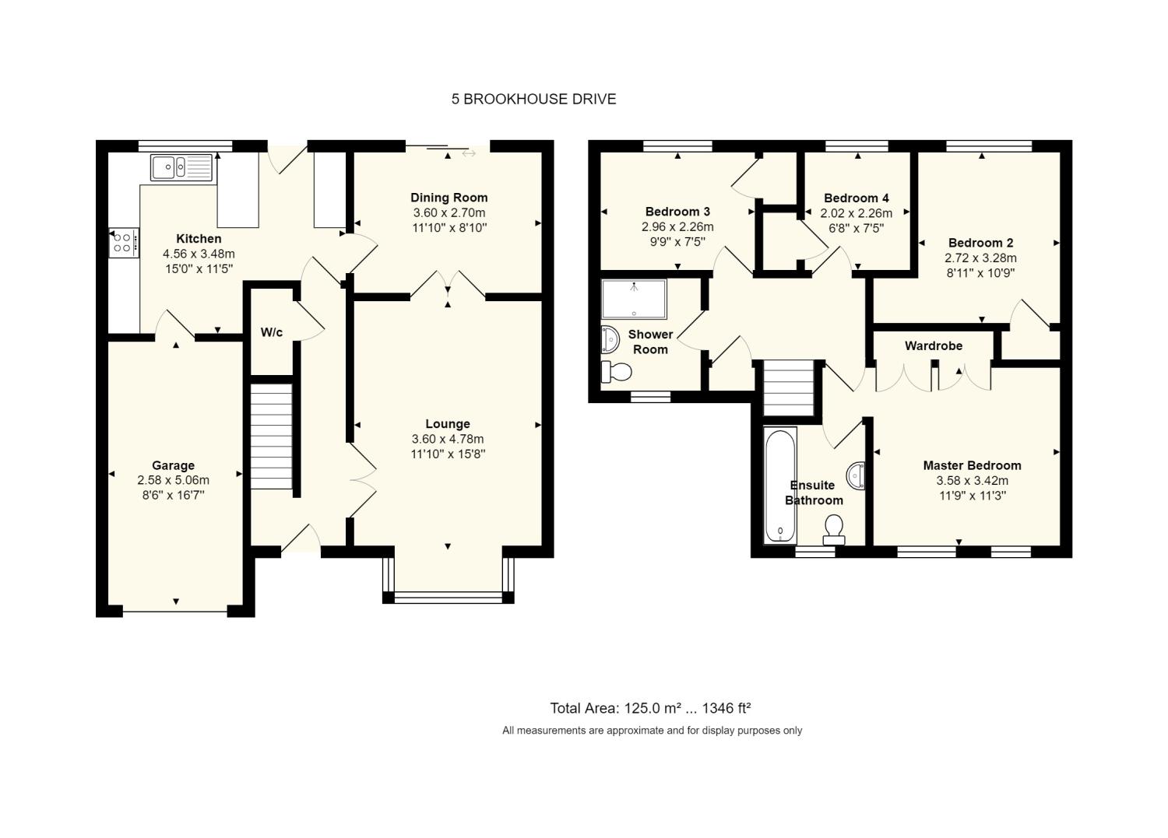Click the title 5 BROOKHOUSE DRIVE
(x=533, y=99)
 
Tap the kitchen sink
(x=181, y=167)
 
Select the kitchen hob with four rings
(x=124, y=243)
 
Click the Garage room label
(x=173, y=465)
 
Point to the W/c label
(x=272, y=332)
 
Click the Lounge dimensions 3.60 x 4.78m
(x=448, y=439)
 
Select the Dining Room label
(x=449, y=198)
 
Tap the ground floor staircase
(x=271, y=437)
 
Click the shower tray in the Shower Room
(x=634, y=299)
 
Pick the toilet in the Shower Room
(x=617, y=372)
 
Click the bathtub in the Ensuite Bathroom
(x=780, y=486)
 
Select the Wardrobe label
(x=934, y=346)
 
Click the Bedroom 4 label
(x=857, y=198)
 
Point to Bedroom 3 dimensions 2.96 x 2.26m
(x=677, y=226)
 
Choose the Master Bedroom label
(x=972, y=465)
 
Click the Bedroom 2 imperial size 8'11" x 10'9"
(x=980, y=272)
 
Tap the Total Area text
(x=650, y=708)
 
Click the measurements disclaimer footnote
(x=652, y=731)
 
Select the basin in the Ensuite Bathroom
(x=857, y=476)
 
